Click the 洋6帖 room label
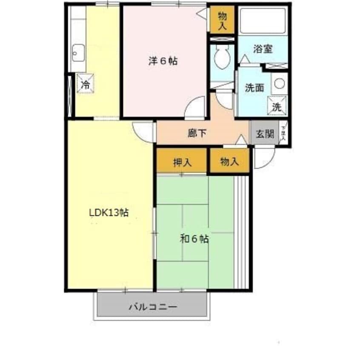point(163,61)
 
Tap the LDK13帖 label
point(109,212)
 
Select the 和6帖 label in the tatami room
point(194,239)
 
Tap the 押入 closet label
point(182,162)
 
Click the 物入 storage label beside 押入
point(229,162)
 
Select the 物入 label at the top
point(222,20)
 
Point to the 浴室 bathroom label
point(263,49)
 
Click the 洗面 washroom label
point(254,88)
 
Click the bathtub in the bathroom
point(263,21)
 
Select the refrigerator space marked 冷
point(86,83)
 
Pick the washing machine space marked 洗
point(277,106)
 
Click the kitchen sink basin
point(79,54)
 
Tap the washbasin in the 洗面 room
point(279,83)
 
